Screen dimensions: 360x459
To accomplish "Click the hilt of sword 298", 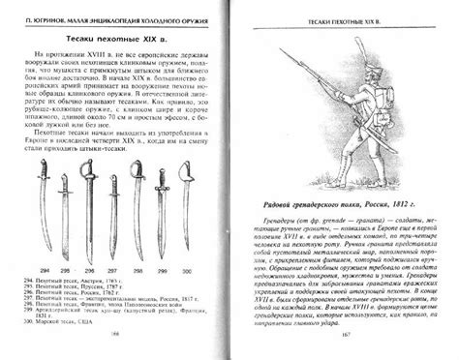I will [139, 189].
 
